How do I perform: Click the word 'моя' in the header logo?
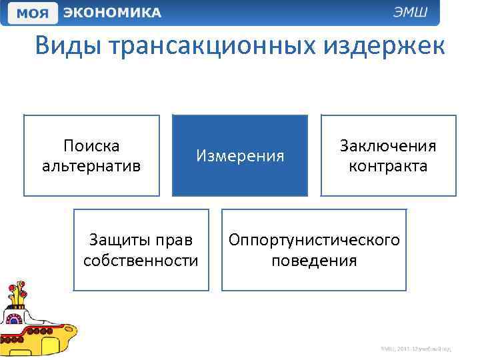(x=34, y=13)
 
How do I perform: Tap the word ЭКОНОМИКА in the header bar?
(x=112, y=13)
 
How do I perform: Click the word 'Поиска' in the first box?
(x=91, y=145)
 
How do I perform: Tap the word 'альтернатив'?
(x=91, y=165)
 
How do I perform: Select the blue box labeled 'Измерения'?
(x=240, y=155)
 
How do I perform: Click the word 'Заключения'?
(x=388, y=145)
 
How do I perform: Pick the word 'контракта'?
(x=388, y=165)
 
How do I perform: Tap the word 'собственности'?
(x=141, y=260)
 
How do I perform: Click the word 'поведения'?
(x=314, y=260)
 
